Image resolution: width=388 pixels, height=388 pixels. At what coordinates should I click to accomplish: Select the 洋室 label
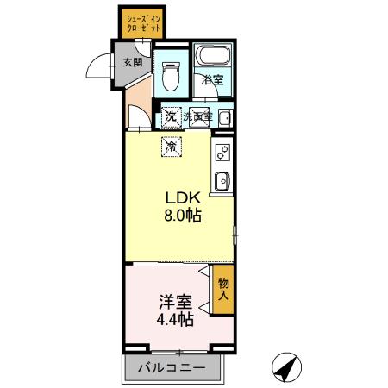[174, 304]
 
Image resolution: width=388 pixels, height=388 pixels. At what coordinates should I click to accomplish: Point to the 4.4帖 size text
[174, 320]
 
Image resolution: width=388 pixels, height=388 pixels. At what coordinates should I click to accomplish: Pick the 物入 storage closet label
[223, 289]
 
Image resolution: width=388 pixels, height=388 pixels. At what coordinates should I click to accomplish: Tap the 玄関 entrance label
[132, 62]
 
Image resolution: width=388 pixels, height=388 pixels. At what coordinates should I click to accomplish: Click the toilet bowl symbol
[170, 80]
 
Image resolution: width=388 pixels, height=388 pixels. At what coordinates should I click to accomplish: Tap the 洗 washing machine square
[172, 116]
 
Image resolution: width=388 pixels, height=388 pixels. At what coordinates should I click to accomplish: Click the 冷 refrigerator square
[172, 147]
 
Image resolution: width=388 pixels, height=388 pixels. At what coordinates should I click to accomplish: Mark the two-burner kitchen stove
[222, 153]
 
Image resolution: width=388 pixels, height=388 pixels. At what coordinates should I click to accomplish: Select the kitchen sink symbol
[222, 180]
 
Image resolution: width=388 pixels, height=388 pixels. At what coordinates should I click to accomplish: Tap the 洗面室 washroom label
[197, 116]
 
